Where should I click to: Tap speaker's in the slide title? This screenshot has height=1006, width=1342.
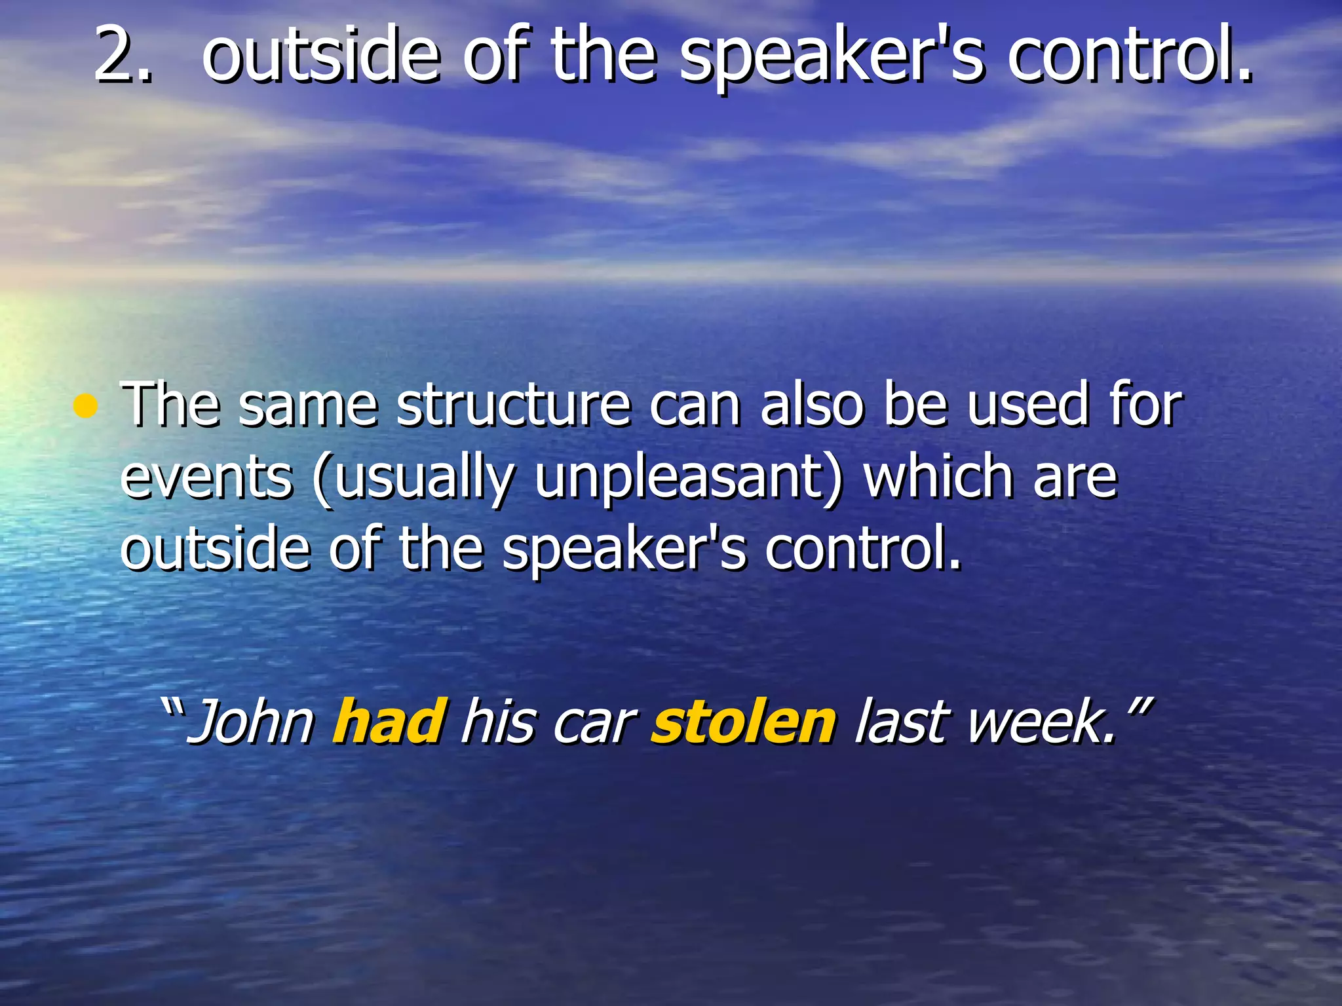(832, 59)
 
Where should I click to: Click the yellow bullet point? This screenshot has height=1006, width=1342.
(85, 407)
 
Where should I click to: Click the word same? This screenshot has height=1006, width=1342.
(308, 406)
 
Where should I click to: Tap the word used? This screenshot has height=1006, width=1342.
(1027, 406)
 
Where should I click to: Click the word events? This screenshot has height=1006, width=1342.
(206, 478)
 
